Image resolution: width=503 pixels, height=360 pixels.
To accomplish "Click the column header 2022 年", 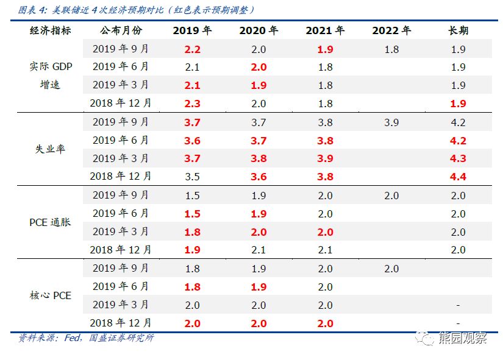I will (391, 30).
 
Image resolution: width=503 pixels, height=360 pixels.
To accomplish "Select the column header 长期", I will (458, 30).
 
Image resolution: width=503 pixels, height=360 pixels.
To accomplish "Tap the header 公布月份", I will (121, 30).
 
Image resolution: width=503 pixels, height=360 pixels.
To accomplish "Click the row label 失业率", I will (50, 149).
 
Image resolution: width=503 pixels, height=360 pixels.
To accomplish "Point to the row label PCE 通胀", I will (50, 222).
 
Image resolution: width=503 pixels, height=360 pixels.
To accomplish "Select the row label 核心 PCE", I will (50, 295).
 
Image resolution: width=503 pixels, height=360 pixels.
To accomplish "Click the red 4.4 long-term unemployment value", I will (458, 177).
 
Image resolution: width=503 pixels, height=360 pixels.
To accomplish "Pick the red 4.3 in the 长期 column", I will (458, 158).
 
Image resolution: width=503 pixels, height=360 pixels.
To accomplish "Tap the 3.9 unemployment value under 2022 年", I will (391, 122).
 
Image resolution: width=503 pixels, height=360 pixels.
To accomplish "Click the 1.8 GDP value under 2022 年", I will (391, 49).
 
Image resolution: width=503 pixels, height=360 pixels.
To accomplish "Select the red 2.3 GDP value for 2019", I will (192, 104).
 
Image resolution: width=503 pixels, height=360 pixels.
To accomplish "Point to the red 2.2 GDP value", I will (192, 49).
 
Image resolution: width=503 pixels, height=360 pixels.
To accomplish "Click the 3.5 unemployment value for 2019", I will (192, 177).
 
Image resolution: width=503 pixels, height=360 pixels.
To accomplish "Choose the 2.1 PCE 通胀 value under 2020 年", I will (259, 250).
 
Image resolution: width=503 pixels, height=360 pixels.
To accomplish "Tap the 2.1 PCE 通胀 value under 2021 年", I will (325, 250).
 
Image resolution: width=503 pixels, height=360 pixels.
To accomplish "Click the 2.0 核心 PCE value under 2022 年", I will (391, 269).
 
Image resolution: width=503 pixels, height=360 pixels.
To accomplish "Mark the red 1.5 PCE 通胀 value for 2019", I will (192, 214).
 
